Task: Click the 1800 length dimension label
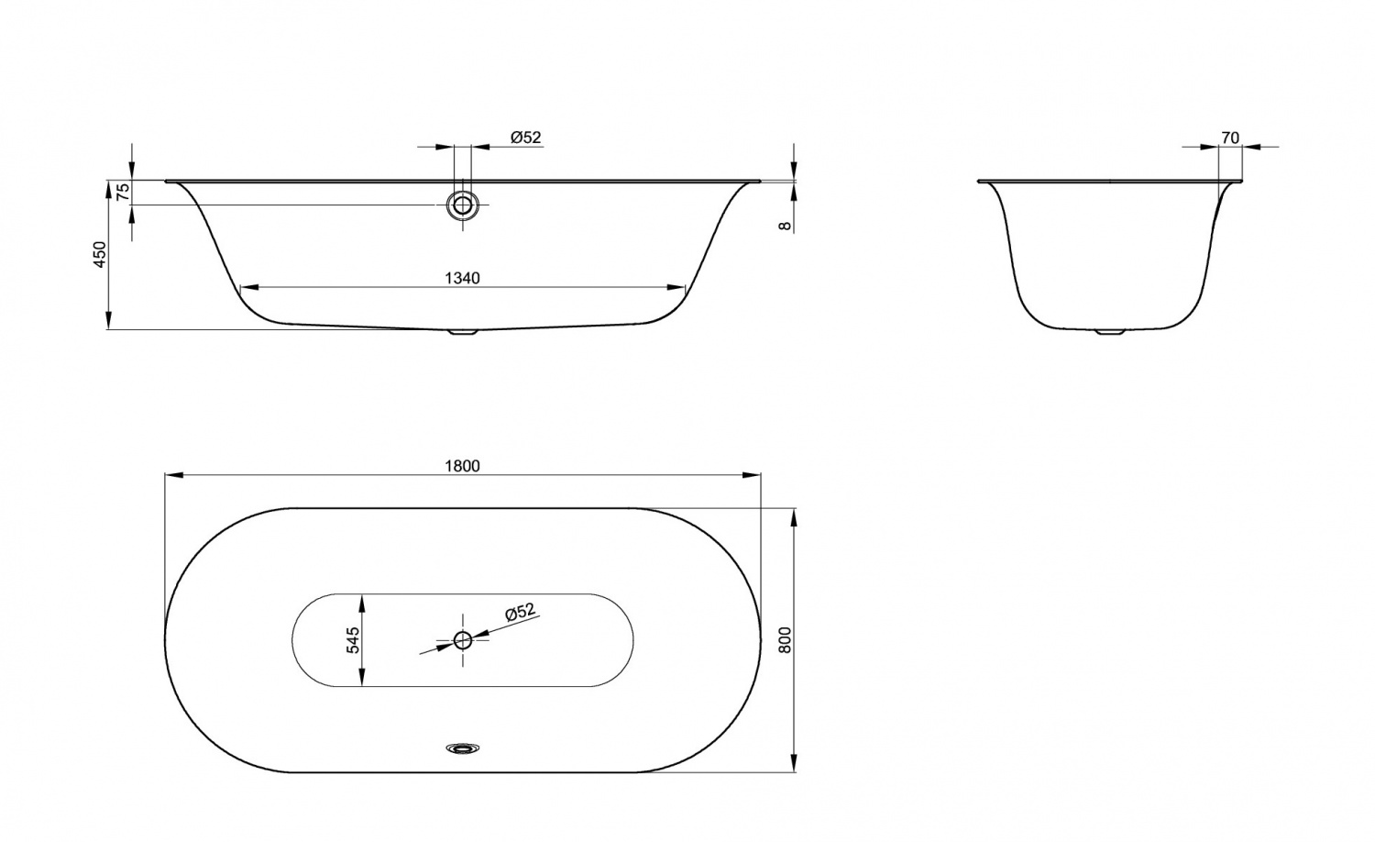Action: pos(462,465)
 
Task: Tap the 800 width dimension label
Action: pos(784,639)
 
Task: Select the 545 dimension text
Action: pos(352,639)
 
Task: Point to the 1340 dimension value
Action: pos(462,278)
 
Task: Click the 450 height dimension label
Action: pos(100,254)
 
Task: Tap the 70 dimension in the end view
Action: pos(1230,138)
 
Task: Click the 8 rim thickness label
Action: pos(785,224)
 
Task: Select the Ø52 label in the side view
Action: pos(526,138)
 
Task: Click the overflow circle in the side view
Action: pos(463,205)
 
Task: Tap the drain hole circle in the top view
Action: pos(463,639)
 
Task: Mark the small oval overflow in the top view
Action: pos(463,748)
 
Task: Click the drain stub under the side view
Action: pos(463,333)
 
